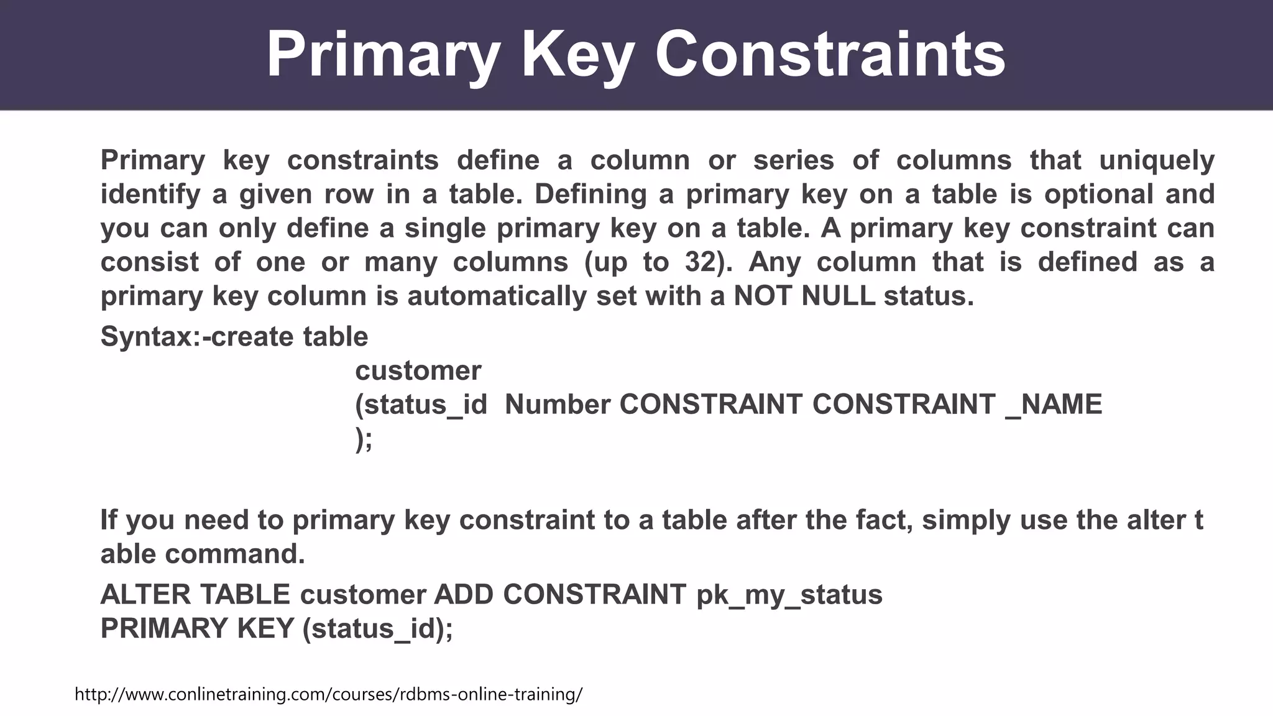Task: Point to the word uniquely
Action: pos(1157,160)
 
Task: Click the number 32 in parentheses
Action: pos(702,262)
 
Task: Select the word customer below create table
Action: pos(418,371)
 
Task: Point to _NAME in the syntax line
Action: pos(1054,405)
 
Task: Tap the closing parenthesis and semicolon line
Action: pos(364,439)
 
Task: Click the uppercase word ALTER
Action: pos(145,595)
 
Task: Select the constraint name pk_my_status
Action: pos(789,595)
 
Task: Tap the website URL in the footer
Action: pos(328,694)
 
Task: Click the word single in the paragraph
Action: pos(446,228)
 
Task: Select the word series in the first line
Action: pos(793,160)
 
